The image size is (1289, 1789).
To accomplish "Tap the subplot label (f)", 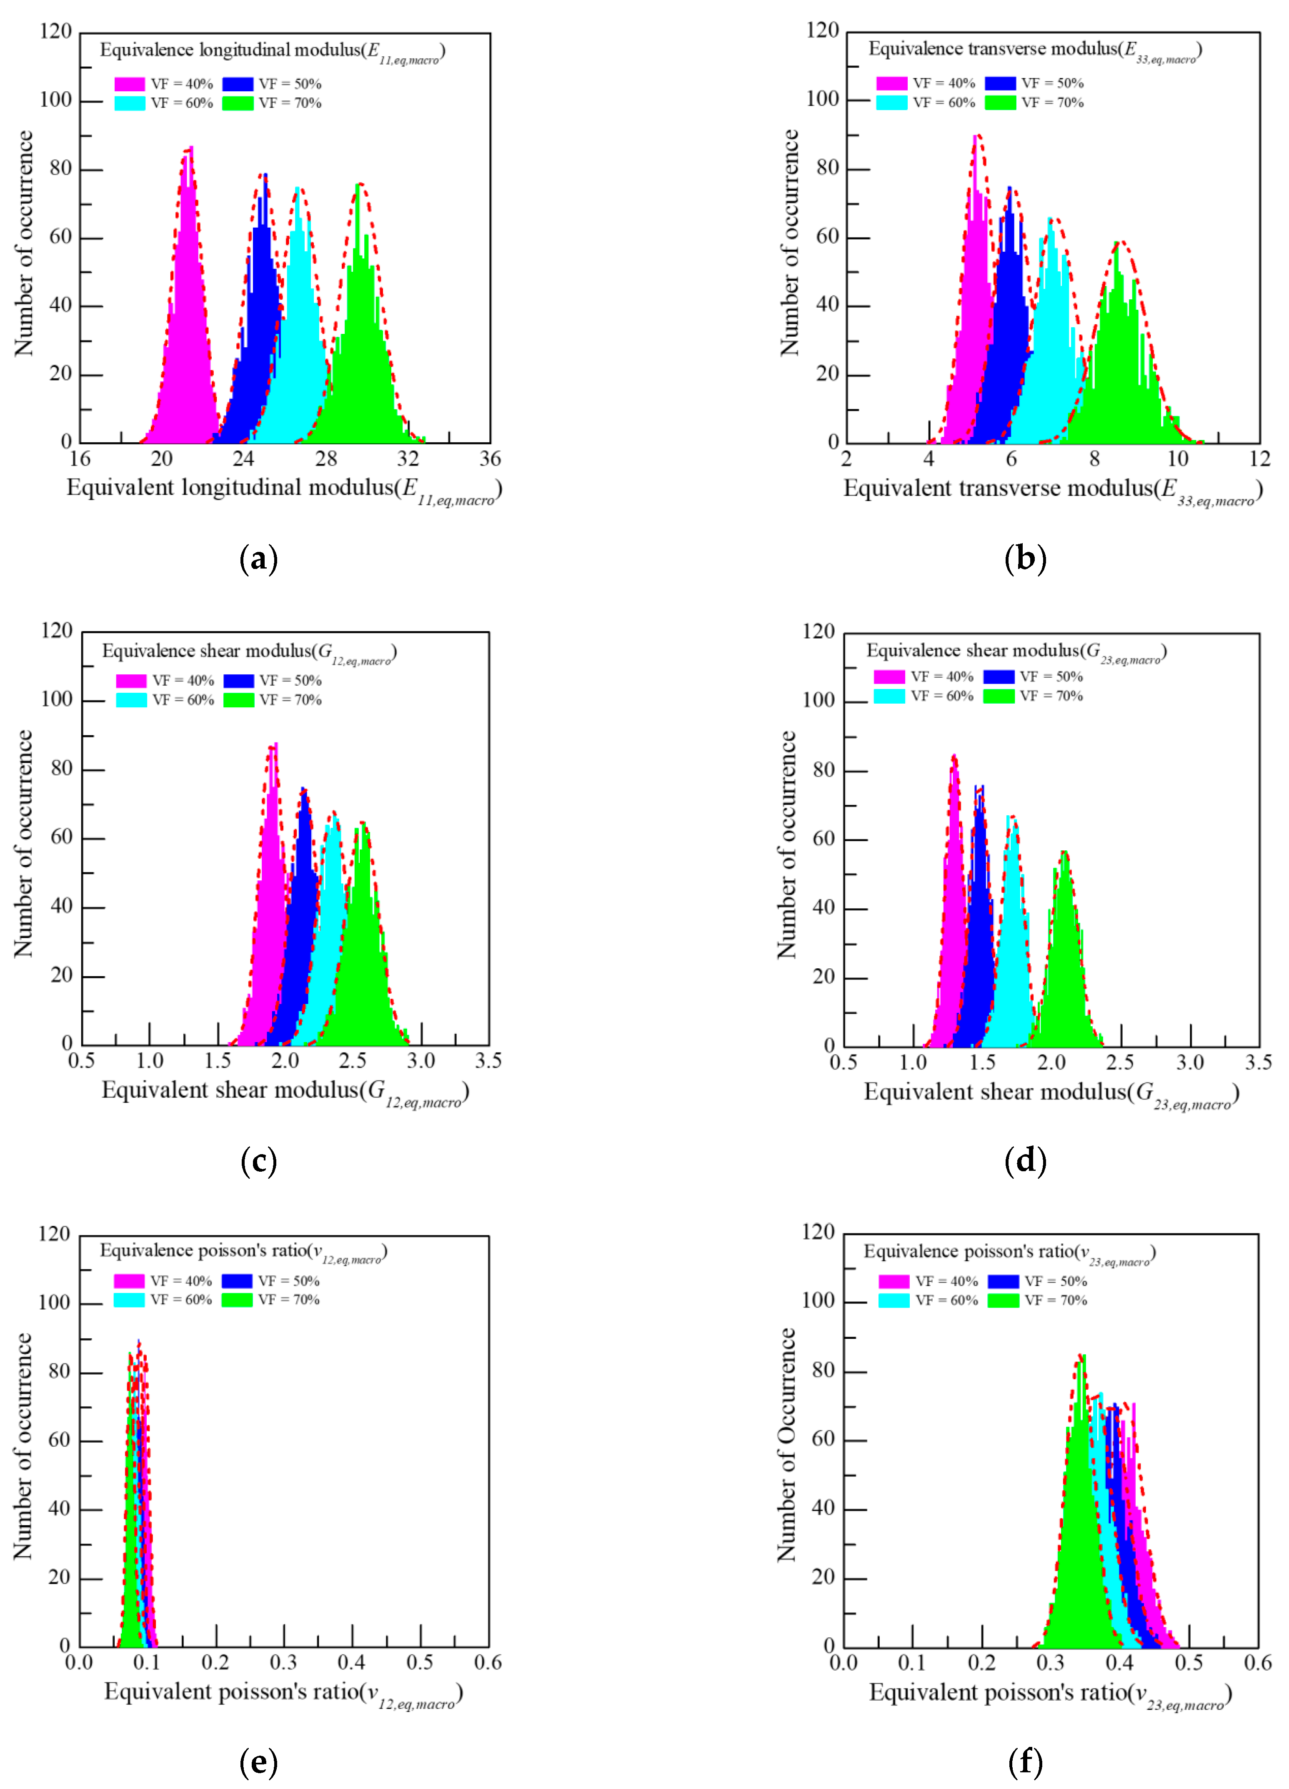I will [1025, 1761].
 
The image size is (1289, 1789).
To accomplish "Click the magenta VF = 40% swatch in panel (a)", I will [129, 84].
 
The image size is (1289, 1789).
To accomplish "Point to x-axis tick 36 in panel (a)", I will [490, 459].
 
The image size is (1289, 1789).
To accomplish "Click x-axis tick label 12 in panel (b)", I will [1260, 459].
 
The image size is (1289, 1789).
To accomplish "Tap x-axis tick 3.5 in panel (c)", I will [488, 1061].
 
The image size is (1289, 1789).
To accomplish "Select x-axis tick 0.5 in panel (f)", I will [1189, 1663].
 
